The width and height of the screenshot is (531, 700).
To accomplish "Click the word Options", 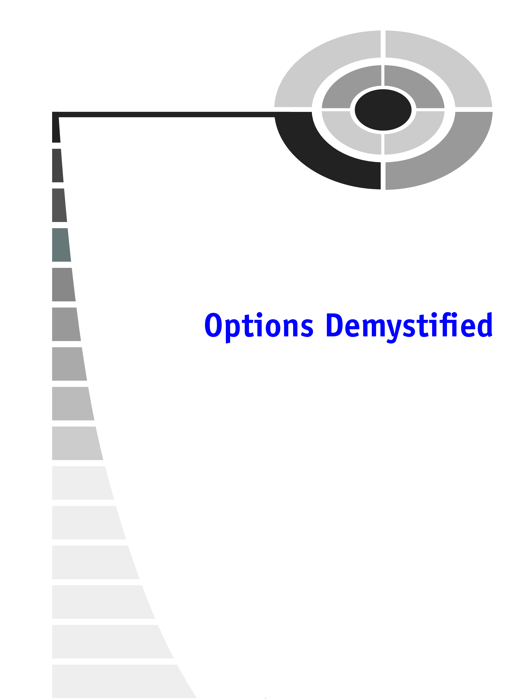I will click(259, 326).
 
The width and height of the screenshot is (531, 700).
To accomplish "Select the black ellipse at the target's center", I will click(383, 110).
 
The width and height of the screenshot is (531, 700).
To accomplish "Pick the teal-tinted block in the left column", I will click(61, 245).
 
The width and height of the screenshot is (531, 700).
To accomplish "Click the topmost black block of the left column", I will click(56, 130).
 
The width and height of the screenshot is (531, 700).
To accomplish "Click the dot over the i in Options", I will click(259, 314).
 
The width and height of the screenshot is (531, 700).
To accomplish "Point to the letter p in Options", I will click(232, 329).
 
